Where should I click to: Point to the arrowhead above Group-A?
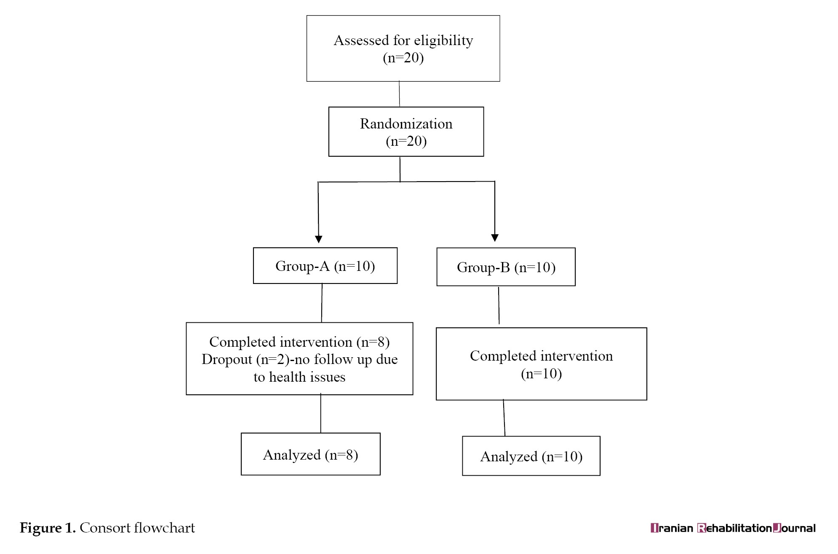pos(319,239)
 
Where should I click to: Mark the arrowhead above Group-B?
pos(495,238)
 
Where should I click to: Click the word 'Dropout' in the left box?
pos(227,359)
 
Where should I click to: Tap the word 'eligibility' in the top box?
pos(443,40)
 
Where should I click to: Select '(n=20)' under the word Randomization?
pos(406,141)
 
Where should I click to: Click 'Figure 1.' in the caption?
pos(48,527)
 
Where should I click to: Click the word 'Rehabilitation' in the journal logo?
pos(735,528)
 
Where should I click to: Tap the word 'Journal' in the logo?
pos(794,528)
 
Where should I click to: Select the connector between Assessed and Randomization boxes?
pos(399,94)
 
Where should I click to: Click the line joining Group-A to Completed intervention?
pos(322,303)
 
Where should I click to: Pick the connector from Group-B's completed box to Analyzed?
pos(504,418)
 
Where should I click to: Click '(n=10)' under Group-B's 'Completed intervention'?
pos(541,374)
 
